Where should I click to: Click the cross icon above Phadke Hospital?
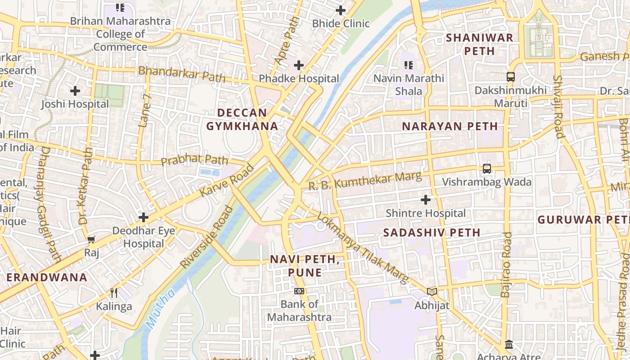click(298, 65)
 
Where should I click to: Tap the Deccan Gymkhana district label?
click(242, 119)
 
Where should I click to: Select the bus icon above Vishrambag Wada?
click(486, 169)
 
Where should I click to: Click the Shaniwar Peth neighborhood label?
click(479, 44)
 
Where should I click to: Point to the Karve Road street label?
click(227, 181)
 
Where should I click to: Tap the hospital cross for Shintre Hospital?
click(425, 199)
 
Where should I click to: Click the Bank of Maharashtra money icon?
click(299, 291)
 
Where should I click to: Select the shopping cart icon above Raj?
click(91, 239)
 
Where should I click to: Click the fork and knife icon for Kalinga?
click(114, 293)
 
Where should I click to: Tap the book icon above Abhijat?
click(432, 292)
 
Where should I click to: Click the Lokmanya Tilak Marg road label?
click(363, 248)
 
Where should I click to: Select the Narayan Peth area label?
click(450, 126)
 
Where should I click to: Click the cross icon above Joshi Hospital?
click(75, 91)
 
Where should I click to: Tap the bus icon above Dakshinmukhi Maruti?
click(510, 76)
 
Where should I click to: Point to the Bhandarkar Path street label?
click(182, 74)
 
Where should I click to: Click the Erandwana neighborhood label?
click(47, 277)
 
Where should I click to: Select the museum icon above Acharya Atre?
click(509, 344)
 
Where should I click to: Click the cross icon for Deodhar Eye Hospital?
click(143, 217)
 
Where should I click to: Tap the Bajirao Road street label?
click(507, 265)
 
